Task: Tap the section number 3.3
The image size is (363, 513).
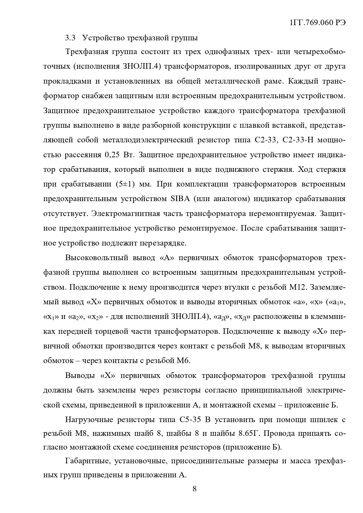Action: pyautogui.click(x=70, y=38)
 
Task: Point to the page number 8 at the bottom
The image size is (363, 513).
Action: pyautogui.click(x=195, y=488)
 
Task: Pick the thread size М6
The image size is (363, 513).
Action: pyautogui.click(x=184, y=360)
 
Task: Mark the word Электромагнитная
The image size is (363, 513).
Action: pyautogui.click(x=126, y=213)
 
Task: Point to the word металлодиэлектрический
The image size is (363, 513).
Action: pyautogui.click(x=148, y=140)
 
